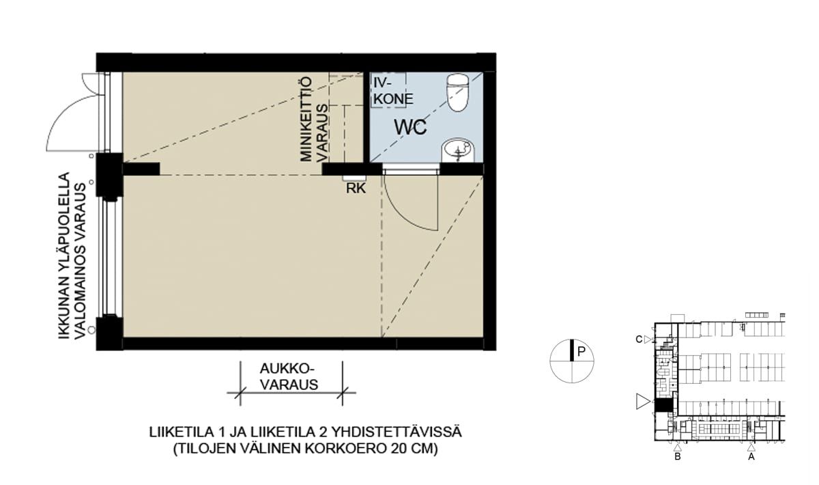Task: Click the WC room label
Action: pyautogui.click(x=410, y=127)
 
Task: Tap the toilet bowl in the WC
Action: pyautogui.click(x=458, y=93)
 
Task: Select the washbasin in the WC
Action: pyautogui.click(x=458, y=151)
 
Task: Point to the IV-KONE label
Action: pyautogui.click(x=392, y=92)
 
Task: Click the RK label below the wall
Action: pyautogui.click(x=356, y=188)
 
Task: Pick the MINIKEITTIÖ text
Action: pyautogui.click(x=306, y=119)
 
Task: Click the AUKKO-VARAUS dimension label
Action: pyautogui.click(x=289, y=376)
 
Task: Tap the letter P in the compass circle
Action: pyautogui.click(x=581, y=352)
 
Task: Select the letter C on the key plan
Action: pyautogui.click(x=639, y=339)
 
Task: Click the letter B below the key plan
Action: pyautogui.click(x=677, y=457)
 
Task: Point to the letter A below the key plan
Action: pyautogui.click(x=751, y=457)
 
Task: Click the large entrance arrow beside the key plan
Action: pyautogui.click(x=644, y=402)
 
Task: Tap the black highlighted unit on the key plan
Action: pyautogui.click(x=663, y=405)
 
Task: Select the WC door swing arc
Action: pyautogui.click(x=399, y=216)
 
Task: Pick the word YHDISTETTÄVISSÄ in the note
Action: pyautogui.click(x=397, y=432)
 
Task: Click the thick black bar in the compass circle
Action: pyautogui.click(x=572, y=350)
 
